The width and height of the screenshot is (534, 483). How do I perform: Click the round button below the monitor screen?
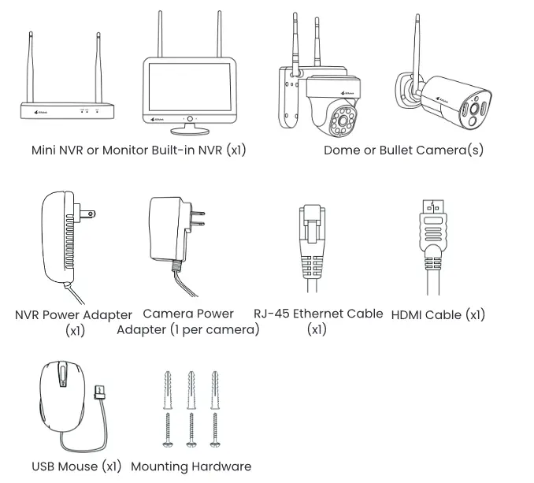pos(190,118)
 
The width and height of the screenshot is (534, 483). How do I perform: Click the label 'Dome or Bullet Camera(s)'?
pos(403,150)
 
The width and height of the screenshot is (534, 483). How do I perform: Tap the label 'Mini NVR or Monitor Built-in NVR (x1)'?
pos(139,150)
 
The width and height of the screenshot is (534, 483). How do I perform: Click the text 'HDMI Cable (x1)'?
pos(438,314)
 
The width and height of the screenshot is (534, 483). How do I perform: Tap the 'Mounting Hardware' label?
pos(191,466)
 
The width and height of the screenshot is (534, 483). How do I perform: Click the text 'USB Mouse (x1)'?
pos(76,466)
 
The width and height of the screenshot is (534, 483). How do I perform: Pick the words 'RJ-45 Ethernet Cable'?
pos(318,314)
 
